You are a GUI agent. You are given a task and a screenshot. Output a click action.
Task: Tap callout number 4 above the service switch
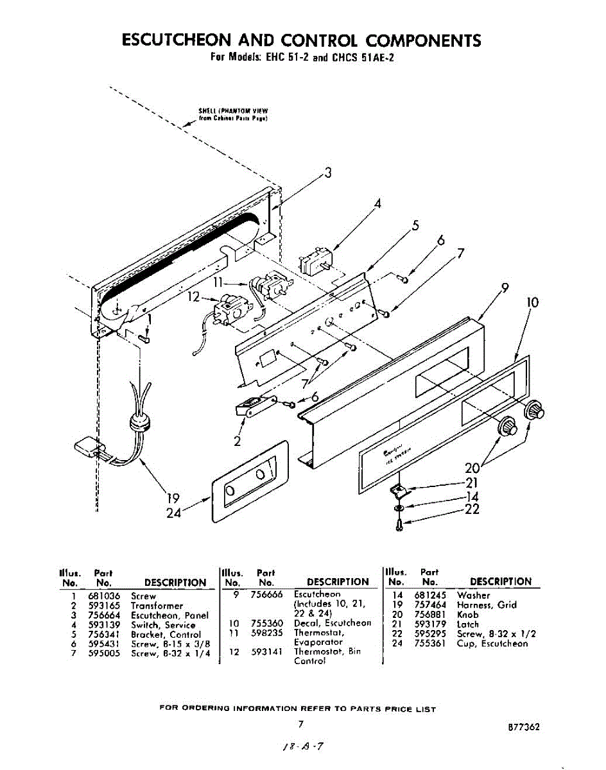tap(378, 203)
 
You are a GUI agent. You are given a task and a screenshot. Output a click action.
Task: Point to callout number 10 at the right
tap(532, 302)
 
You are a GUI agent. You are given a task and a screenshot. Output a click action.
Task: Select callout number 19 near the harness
tap(172, 499)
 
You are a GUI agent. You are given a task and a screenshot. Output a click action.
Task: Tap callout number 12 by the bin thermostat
tap(194, 296)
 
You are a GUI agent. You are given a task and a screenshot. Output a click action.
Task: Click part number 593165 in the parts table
tap(103, 606)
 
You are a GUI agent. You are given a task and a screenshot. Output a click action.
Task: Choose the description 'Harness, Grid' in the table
tap(487, 605)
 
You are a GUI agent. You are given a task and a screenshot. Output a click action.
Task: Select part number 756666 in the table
tap(266, 595)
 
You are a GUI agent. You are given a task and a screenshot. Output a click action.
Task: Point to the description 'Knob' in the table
tap(468, 615)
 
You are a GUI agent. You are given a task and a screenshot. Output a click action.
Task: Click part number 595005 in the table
tap(103, 654)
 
